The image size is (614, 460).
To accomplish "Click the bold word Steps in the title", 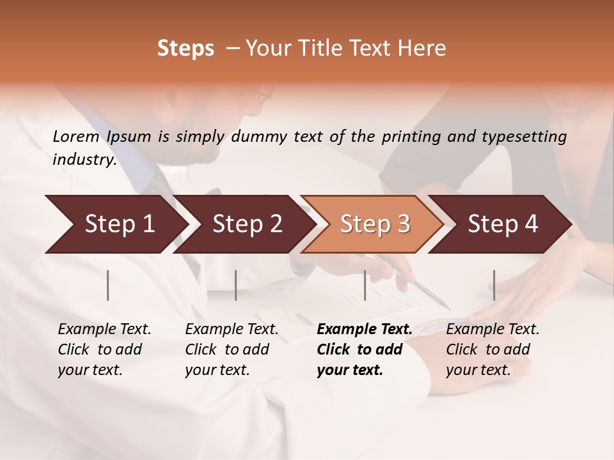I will [185, 49].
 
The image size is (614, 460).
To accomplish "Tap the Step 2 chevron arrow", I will [247, 224].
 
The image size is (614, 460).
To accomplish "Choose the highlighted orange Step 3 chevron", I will [375, 224].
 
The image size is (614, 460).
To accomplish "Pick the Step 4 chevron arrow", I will [503, 224].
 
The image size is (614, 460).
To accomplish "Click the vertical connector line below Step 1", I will [108, 285].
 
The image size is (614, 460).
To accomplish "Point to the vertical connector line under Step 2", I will [236, 285].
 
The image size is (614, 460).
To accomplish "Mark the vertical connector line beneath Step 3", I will [365, 285].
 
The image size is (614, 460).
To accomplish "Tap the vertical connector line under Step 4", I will [494, 285].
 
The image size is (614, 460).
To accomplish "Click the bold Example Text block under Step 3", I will [365, 349].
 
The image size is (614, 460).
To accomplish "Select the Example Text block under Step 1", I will [104, 349].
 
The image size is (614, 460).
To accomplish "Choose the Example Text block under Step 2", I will [232, 349].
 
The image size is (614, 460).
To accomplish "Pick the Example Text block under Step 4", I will [492, 349].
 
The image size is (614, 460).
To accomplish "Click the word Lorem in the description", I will [76, 136].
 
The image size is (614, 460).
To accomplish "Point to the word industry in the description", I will [84, 160].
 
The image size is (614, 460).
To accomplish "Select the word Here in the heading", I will [423, 49].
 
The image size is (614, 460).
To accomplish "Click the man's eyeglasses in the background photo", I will [264, 98].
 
